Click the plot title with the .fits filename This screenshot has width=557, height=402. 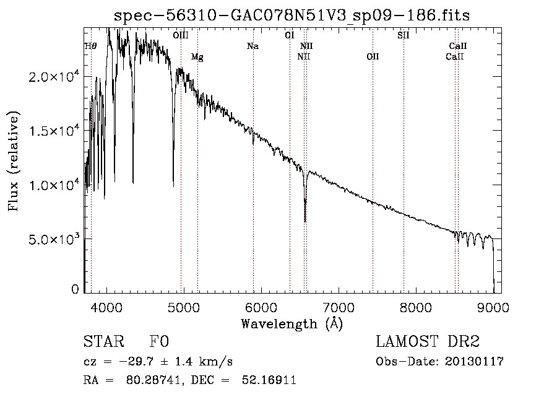point(291,15)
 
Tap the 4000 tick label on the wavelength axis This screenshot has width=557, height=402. point(106,307)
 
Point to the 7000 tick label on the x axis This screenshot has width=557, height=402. point(339,307)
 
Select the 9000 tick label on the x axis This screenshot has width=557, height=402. point(493,307)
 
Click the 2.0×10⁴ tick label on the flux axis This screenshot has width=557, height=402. point(54,76)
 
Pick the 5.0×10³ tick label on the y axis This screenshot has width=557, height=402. point(54,238)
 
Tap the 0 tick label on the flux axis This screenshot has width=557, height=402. point(75,289)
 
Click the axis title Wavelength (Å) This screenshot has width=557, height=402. point(291,324)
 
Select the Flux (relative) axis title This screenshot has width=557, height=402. point(13,161)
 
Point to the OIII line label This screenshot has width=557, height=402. point(181,35)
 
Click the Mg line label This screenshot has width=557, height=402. point(197,57)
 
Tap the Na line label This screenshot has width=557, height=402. point(253,46)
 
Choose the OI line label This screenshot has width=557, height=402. point(290,35)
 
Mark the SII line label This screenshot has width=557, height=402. point(403,35)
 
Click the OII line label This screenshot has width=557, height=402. point(373,56)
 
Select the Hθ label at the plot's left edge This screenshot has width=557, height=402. point(90,46)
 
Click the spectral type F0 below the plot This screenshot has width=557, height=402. point(159,341)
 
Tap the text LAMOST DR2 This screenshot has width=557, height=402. point(428,341)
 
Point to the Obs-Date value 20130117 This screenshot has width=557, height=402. point(474,362)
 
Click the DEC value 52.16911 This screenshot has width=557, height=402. point(269,380)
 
